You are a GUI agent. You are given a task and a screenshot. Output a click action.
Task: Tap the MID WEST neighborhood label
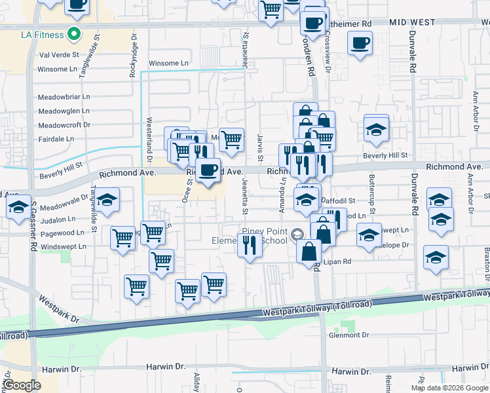412,22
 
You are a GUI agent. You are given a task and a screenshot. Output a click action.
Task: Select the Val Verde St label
58,56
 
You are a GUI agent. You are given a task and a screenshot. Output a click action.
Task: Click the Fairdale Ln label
56,139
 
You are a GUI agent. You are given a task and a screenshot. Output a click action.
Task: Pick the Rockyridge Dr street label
134,63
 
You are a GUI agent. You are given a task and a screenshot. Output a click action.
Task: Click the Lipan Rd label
338,261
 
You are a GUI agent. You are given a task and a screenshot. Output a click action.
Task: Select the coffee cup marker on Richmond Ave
208,171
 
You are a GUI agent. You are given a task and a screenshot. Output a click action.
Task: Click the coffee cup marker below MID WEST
359,45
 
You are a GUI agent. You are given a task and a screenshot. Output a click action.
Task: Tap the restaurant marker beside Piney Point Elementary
250,246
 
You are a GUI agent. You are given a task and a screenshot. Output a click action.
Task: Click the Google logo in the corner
22,385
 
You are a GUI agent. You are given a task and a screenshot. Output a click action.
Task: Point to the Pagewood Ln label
62,233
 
